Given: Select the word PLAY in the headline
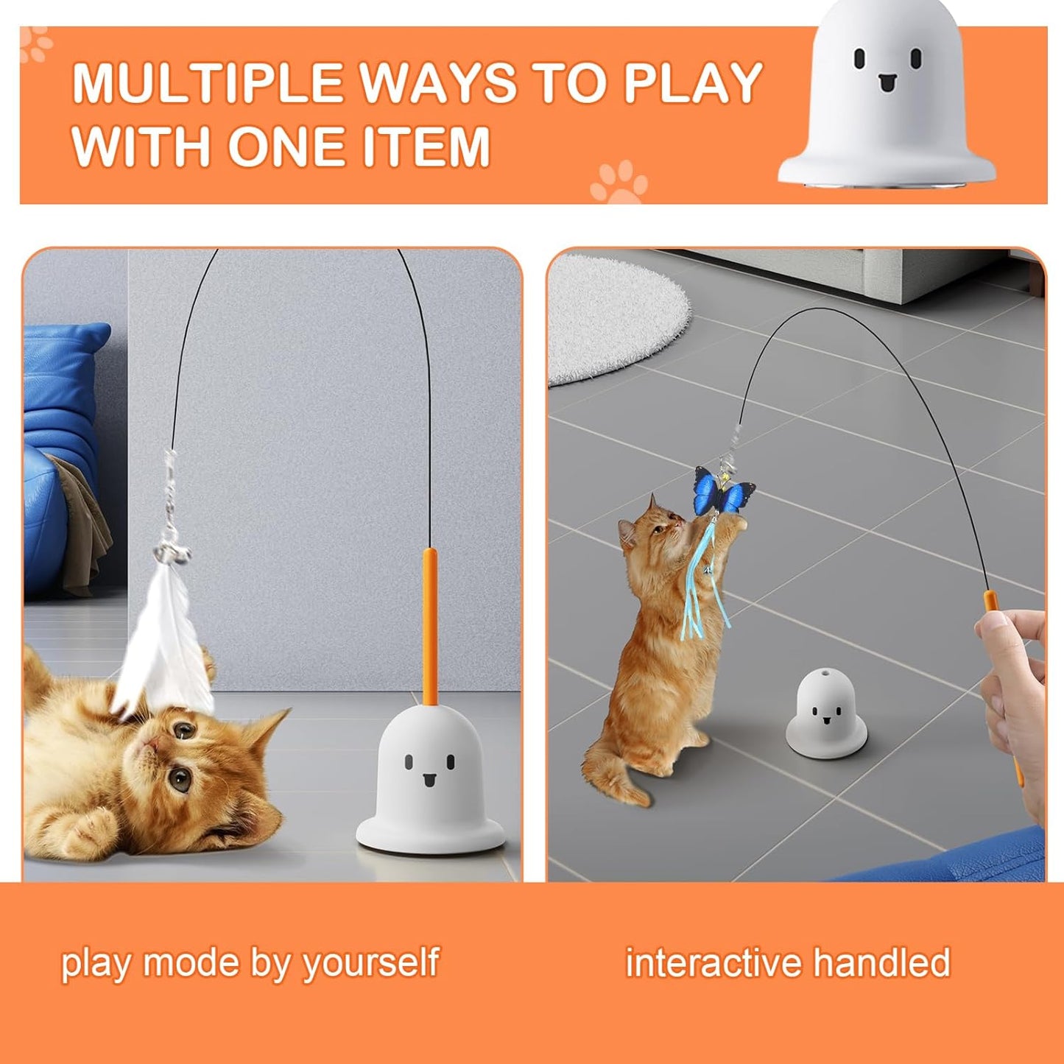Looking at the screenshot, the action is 693,84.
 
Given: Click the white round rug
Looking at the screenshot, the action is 616,317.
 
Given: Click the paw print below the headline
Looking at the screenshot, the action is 619,180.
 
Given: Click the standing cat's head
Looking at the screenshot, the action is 652,526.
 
